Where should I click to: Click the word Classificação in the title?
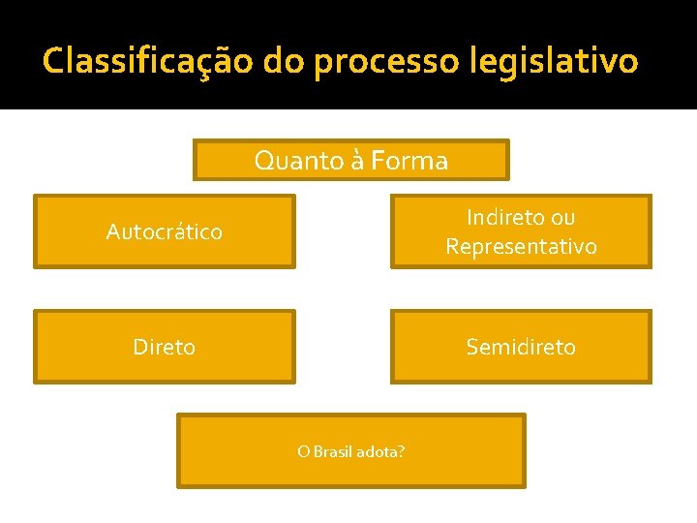pyautogui.click(x=146, y=61)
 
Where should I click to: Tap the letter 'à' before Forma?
pyautogui.click(x=356, y=161)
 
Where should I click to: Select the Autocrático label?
pyautogui.click(x=164, y=232)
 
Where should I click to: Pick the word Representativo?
pyautogui.click(x=521, y=247)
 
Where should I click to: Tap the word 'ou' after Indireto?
pyautogui.click(x=561, y=218)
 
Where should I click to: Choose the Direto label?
pyautogui.click(x=164, y=347)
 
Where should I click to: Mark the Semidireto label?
pyautogui.click(x=521, y=347)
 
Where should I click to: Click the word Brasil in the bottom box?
pyautogui.click(x=332, y=451)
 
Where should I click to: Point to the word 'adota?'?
pyautogui.click(x=380, y=451)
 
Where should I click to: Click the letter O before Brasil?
pyautogui.click(x=303, y=451)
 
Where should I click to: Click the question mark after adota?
pyautogui.click(x=402, y=451)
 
